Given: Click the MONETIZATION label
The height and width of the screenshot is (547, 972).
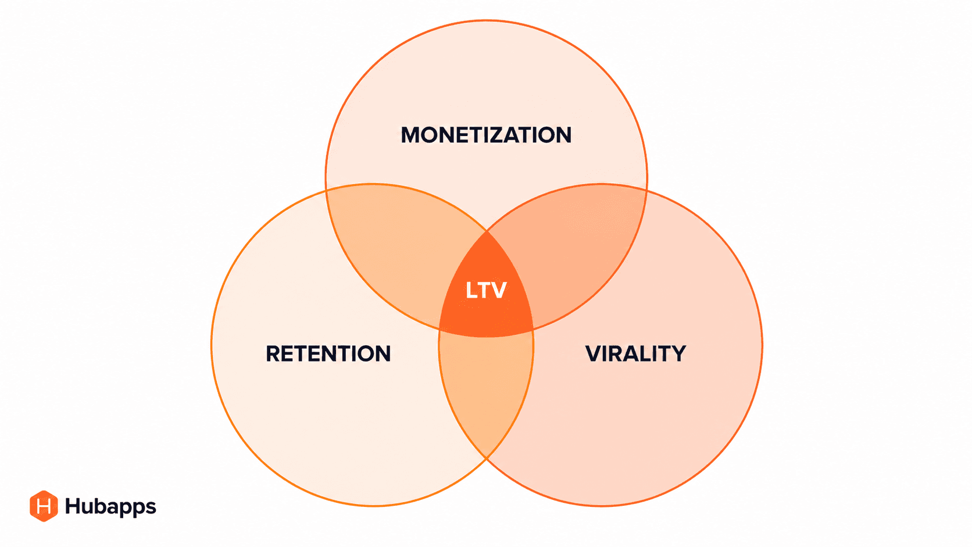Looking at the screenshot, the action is tap(486, 135).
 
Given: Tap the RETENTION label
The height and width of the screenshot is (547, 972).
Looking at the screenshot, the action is tap(328, 353).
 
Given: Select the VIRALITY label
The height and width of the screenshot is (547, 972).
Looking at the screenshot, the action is tap(636, 353).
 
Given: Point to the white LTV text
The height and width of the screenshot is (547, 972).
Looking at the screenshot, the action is tap(486, 290).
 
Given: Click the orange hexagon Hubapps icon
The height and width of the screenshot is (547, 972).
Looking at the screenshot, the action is tap(44, 506).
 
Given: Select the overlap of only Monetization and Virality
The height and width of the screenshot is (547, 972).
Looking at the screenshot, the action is tap(577, 247).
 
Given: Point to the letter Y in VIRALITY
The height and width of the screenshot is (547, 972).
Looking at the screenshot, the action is tap(678, 353).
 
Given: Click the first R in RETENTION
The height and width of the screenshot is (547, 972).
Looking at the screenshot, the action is tap(273, 353).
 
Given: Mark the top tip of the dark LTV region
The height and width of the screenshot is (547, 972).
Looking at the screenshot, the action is tap(487, 231).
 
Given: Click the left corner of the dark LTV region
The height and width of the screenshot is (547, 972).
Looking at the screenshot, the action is tap(439, 330).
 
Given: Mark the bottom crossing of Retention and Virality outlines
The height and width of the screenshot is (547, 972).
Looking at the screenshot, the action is tap(487, 458).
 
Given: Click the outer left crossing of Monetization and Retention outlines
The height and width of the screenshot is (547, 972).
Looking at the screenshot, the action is tap(326, 190).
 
